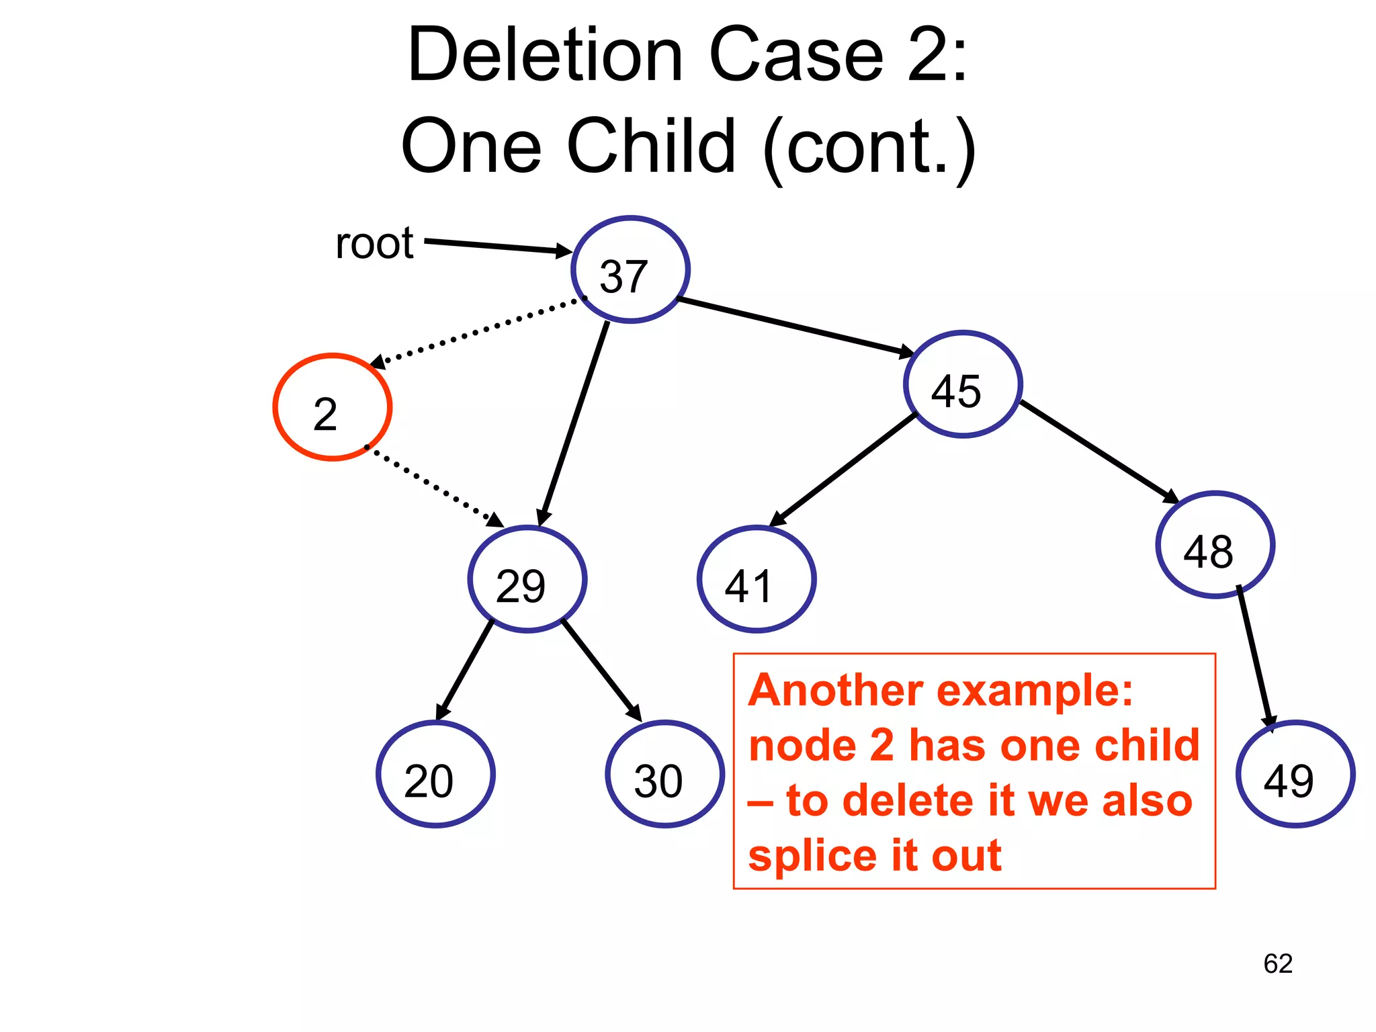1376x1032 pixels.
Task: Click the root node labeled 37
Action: click(630, 270)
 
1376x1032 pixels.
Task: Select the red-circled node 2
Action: click(333, 408)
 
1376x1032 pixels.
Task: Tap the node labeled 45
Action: click(963, 385)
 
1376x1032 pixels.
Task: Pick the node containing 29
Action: click(527, 579)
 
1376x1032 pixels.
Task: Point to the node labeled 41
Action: click(757, 579)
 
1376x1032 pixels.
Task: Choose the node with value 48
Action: click(1215, 545)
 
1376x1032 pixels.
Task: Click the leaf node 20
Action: click(435, 774)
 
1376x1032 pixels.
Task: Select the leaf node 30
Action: click(665, 774)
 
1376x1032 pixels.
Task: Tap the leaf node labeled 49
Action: click(1295, 774)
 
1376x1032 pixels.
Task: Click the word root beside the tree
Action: click(374, 243)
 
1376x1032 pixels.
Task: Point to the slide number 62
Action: click(1278, 964)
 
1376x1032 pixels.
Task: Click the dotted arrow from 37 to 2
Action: click(477, 331)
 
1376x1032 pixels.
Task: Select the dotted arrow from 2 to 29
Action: click(433, 485)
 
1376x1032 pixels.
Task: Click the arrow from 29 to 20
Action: click(465, 670)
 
